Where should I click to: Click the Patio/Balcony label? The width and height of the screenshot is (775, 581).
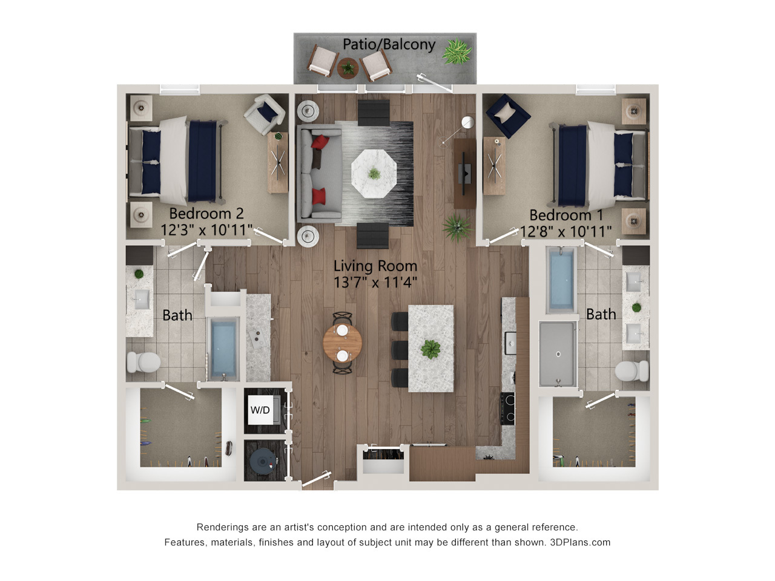point(389,45)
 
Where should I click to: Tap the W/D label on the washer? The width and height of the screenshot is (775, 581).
point(260,410)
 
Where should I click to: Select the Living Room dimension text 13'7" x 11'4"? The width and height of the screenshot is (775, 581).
point(375,282)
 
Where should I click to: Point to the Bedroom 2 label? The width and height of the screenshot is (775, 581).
point(206,213)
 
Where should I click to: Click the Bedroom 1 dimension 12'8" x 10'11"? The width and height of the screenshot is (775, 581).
point(566,231)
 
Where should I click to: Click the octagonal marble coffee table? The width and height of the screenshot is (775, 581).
point(374,174)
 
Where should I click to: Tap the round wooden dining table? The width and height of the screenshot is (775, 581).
point(342,343)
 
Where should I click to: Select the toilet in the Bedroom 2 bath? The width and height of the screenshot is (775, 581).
point(143,362)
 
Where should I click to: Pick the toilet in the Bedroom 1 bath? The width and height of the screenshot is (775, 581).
point(632,371)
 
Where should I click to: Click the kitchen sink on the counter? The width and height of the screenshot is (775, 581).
point(510,343)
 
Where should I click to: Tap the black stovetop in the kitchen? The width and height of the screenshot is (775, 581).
point(507,409)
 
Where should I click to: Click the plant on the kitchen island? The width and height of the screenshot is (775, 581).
point(430,349)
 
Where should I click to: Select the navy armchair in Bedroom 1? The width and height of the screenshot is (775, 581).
point(508,116)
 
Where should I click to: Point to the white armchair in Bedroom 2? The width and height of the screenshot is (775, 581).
point(265,114)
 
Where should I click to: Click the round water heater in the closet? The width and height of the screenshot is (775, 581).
point(263,461)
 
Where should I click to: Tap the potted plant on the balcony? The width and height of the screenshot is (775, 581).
point(457,51)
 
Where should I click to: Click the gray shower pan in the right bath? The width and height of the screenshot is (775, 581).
point(558,354)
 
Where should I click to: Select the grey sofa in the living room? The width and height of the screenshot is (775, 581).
point(320,174)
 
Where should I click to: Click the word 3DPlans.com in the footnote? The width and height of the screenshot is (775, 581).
point(580,542)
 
